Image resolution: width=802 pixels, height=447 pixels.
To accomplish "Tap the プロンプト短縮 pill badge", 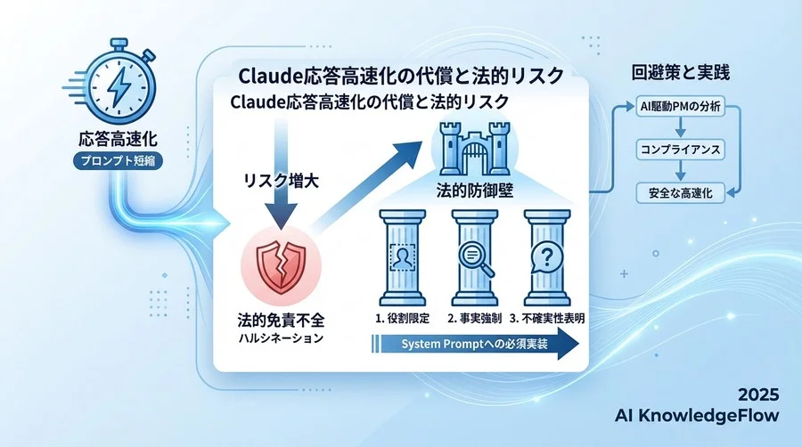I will click(118, 160).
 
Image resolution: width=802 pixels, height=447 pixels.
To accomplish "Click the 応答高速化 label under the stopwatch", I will click(118, 140).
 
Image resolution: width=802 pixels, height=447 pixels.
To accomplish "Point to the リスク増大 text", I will click(282, 178).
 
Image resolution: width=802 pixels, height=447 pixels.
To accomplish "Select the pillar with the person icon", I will click(403, 264).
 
